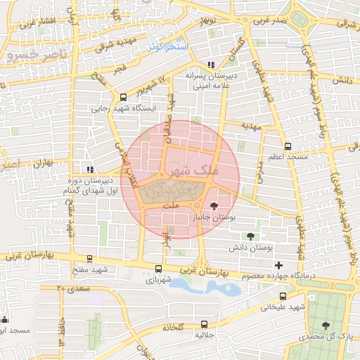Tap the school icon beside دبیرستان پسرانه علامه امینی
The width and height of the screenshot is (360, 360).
[211, 65]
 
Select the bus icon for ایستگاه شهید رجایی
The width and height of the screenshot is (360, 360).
[124, 98]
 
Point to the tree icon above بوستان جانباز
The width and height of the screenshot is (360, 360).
[214, 206]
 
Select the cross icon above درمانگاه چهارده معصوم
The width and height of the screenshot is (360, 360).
[279, 265]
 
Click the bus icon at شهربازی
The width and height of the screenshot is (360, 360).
[157, 268]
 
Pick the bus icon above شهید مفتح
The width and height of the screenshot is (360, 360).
[89, 259]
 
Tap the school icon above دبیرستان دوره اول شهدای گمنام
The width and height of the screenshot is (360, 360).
[89, 169]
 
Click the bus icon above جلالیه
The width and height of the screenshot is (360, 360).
[205, 324]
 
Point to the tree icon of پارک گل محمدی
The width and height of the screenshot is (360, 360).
[325, 326]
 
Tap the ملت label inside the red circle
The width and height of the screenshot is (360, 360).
[171, 206]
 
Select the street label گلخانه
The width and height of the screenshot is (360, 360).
[173, 327]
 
